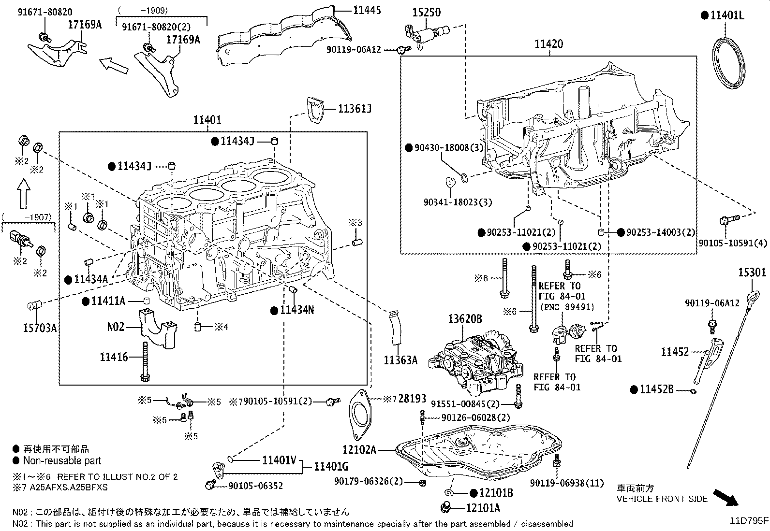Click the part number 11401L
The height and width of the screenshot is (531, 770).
727,15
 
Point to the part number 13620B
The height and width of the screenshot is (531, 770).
464,319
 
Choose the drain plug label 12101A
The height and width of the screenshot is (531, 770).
483,508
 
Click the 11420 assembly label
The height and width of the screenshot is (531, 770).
548,44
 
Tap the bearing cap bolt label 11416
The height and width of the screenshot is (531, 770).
114,357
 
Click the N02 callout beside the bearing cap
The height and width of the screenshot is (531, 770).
116,327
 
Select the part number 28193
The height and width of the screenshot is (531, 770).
412,399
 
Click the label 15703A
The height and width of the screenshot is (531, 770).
40,329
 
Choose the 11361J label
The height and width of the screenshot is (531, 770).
355,109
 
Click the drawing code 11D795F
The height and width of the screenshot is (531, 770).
749,521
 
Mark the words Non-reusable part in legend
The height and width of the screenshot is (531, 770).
62,461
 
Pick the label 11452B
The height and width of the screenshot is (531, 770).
656,389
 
